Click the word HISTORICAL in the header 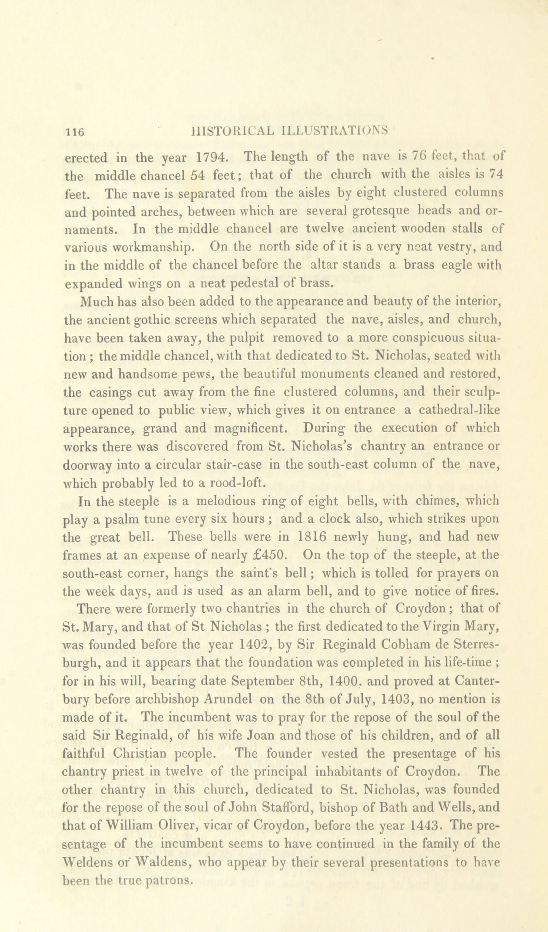click(232, 130)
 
